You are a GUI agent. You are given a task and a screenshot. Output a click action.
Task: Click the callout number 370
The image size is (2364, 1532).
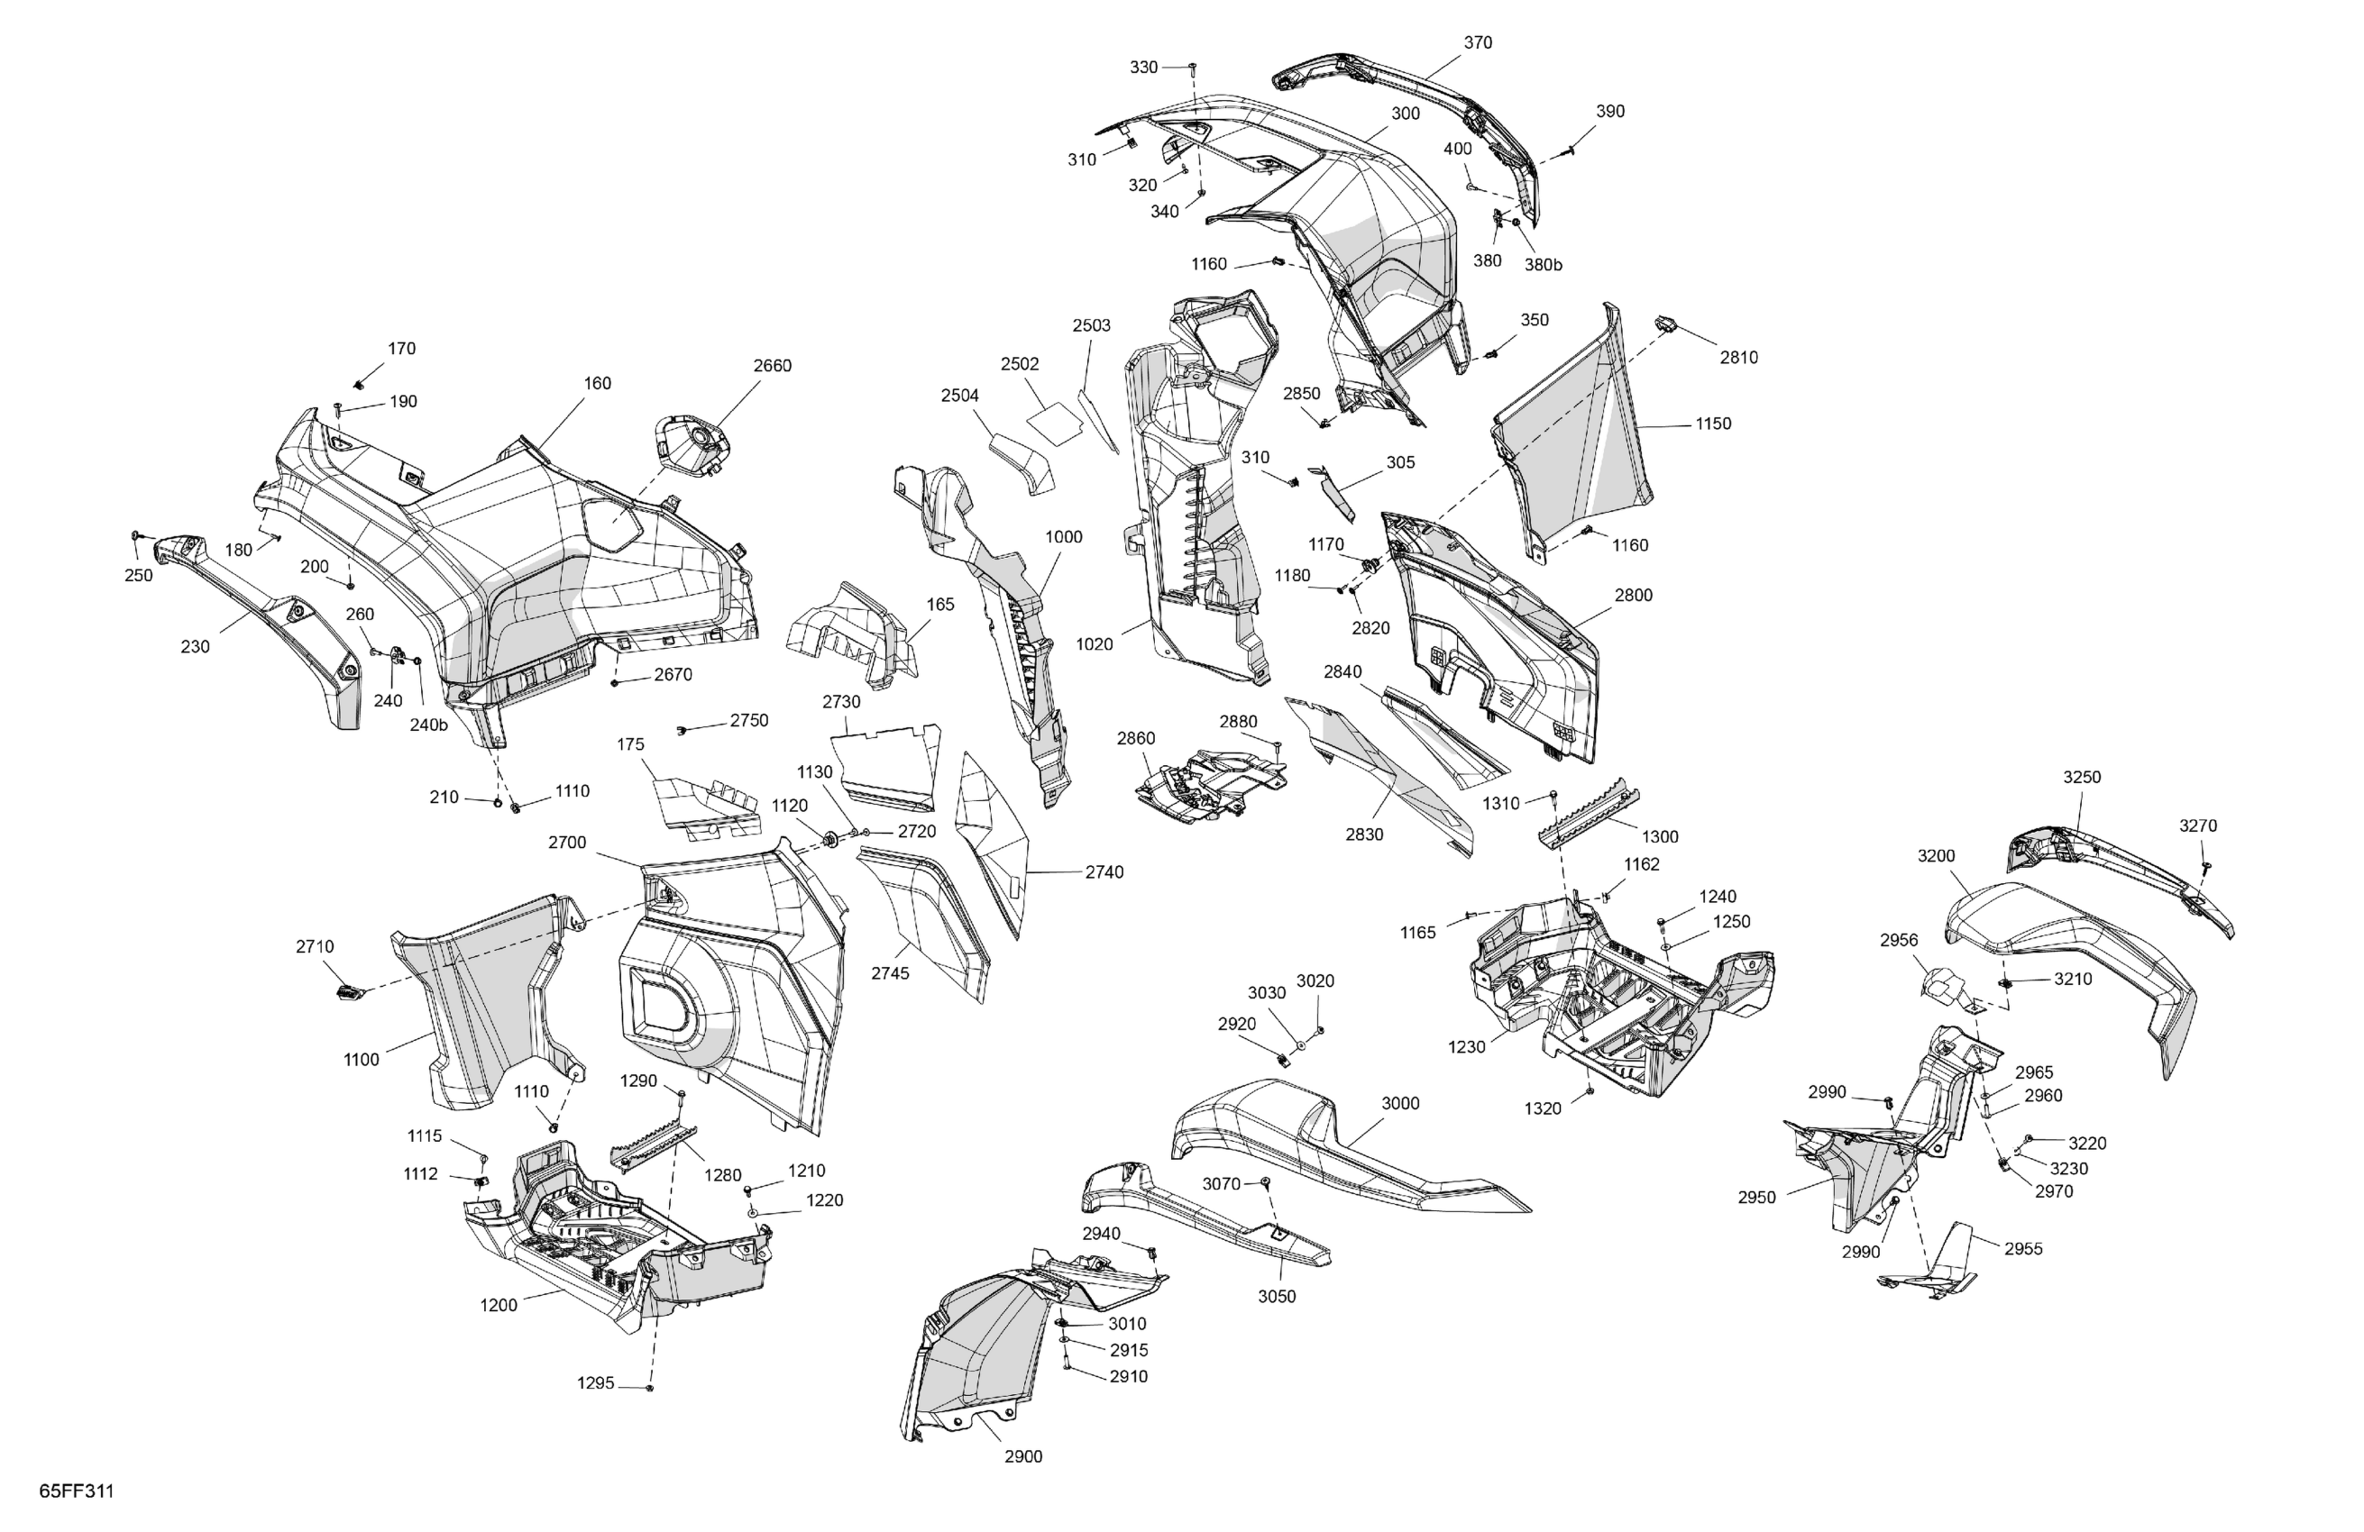tap(1478, 42)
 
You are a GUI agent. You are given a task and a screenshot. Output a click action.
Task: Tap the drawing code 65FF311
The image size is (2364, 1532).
tap(77, 1491)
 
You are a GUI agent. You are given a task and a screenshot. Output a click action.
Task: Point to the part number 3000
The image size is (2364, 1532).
tap(1400, 1103)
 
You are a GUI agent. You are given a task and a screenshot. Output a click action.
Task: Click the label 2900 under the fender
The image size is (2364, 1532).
tap(1023, 1456)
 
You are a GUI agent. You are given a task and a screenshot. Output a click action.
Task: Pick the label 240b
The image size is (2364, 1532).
tap(429, 725)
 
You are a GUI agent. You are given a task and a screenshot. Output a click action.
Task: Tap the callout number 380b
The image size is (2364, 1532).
tap(1544, 265)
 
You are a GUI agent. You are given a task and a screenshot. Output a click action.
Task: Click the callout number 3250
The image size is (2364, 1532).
tap(2082, 778)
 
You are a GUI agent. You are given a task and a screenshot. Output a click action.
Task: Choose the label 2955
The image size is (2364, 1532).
tap(2023, 1249)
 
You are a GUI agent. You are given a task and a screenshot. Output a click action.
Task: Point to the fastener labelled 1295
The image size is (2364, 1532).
tap(649, 1388)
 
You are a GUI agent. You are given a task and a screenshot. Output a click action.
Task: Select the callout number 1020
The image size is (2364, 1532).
tap(1095, 644)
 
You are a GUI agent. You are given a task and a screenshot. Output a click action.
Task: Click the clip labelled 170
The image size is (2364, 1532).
tap(361, 383)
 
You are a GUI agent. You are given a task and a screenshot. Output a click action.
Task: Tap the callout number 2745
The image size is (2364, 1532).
tap(890, 974)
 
